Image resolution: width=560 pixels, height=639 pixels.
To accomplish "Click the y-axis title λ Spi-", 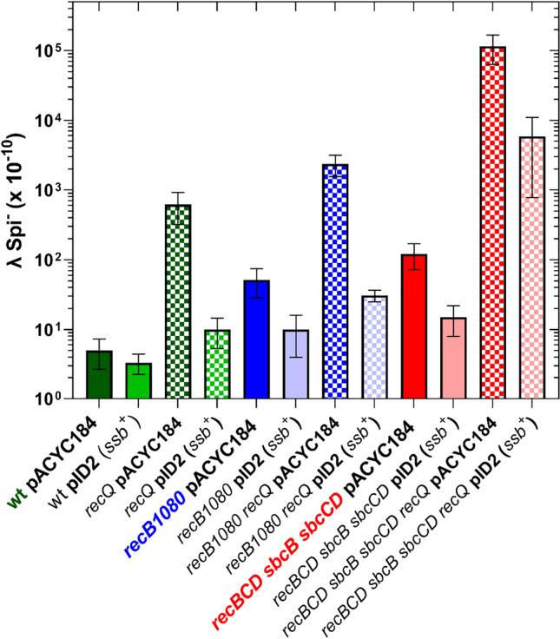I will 19,225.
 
